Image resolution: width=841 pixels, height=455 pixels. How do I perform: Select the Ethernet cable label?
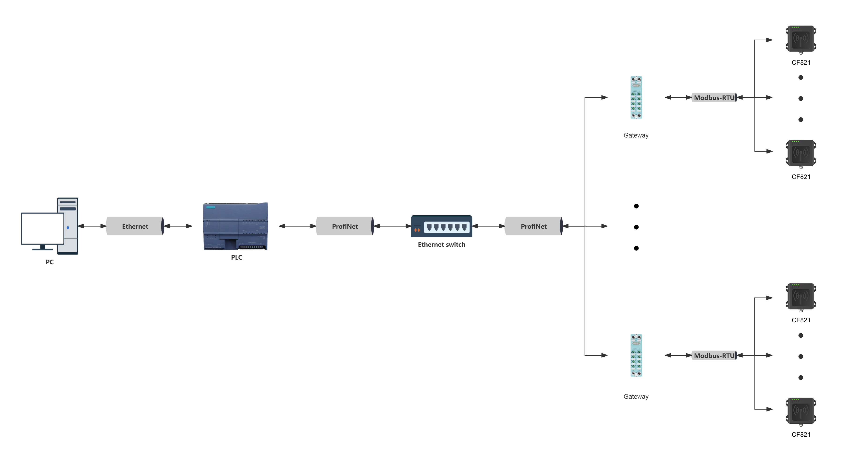[135, 226]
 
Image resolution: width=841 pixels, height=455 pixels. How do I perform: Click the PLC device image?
[235, 226]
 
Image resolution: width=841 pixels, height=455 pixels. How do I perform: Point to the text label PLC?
[236, 257]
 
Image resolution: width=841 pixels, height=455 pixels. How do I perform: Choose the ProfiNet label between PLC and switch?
[345, 226]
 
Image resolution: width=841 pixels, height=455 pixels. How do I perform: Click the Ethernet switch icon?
[441, 226]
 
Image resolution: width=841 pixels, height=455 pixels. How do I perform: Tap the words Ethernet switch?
[441, 244]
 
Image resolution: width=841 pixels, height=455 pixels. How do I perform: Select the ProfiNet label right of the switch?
[534, 226]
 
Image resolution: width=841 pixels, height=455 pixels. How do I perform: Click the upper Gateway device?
[636, 98]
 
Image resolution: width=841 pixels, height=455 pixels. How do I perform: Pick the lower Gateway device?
[636, 355]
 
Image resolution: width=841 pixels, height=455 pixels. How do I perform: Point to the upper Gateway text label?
[636, 135]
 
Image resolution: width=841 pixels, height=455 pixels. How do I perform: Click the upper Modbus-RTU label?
[714, 98]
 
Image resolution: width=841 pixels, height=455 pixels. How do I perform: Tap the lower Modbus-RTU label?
[714, 355]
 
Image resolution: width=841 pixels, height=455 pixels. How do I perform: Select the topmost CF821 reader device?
[800, 39]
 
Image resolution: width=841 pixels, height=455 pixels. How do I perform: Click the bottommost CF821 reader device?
[800, 411]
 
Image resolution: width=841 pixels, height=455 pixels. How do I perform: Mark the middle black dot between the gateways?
[636, 227]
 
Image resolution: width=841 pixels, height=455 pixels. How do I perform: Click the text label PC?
[50, 262]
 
